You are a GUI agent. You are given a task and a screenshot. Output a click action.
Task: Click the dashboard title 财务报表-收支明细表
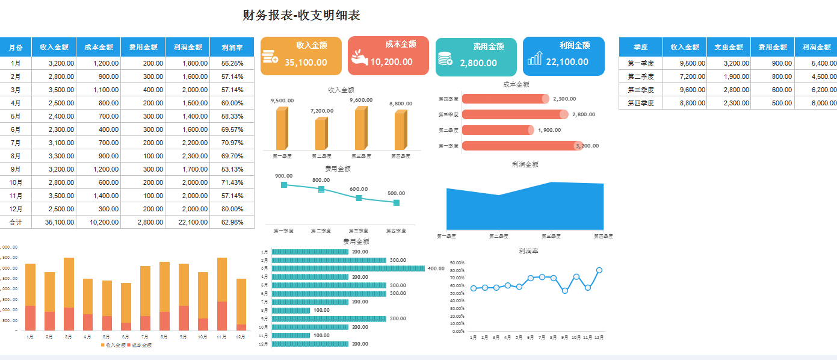pos(301,16)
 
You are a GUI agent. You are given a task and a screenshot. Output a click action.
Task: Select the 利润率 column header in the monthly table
pos(232,47)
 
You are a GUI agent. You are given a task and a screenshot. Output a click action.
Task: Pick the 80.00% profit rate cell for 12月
pos(232,209)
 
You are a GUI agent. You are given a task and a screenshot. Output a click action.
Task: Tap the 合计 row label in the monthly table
pos(16,222)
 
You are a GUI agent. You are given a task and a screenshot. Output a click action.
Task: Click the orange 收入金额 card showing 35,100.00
pos(301,56)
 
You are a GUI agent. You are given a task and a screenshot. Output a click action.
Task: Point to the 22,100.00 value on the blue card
pos(567,61)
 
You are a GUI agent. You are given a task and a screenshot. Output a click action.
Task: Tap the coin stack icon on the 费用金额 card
pos(445,58)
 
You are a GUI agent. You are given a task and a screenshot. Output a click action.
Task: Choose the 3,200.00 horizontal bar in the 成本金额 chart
pos(521,146)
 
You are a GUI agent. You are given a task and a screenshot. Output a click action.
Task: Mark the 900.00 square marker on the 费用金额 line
pos(284,185)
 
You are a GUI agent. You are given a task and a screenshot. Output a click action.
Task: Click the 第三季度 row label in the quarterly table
pos(640,90)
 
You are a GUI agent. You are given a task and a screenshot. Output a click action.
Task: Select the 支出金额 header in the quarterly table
pos(728,47)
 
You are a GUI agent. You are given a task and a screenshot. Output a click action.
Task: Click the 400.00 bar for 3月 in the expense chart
pos(348,268)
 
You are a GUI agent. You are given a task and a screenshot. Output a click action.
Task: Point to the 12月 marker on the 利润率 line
pos(599,270)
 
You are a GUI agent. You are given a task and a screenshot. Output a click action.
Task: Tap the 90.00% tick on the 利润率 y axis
pos(457,262)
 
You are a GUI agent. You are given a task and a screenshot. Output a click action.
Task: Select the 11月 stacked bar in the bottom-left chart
pos(222,294)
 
